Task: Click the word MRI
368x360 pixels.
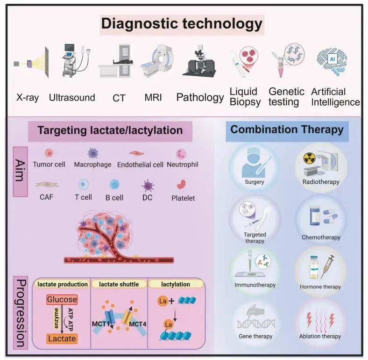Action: (153, 97)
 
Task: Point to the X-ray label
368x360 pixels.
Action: (28, 97)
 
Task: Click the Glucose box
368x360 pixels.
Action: (62, 300)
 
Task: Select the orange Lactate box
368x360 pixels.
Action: (62, 338)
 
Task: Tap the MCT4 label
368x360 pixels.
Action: (137, 324)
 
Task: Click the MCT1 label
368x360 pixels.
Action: (101, 324)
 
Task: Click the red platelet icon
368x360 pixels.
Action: (181, 185)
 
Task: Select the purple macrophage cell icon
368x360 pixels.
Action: (93, 153)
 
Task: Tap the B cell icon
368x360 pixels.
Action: (114, 185)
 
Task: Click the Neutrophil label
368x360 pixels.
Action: (183, 165)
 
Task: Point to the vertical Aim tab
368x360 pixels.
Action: (21, 172)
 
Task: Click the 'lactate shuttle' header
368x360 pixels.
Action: (119, 284)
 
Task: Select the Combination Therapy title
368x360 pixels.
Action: (287, 130)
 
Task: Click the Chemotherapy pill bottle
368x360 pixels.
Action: (315, 216)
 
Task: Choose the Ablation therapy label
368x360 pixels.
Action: (320, 336)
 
